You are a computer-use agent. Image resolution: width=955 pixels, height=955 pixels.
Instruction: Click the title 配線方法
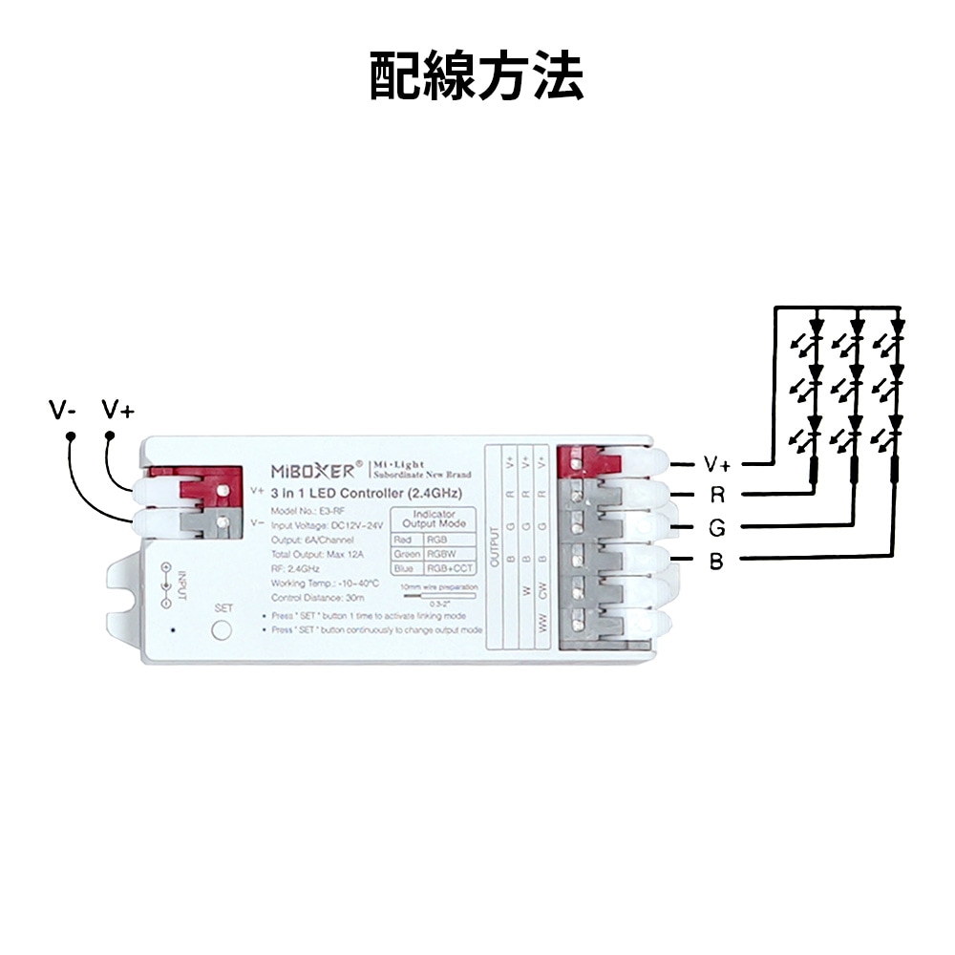(x=477, y=75)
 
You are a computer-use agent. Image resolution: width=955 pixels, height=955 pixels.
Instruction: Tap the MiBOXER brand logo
(x=316, y=470)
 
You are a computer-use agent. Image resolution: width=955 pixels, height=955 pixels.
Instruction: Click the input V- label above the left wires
(x=63, y=411)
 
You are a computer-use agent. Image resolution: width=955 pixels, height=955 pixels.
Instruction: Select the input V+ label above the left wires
(x=118, y=411)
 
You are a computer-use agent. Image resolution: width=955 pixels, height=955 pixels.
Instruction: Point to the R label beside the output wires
(x=716, y=495)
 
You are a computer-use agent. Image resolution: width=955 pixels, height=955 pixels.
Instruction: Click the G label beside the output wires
(x=716, y=527)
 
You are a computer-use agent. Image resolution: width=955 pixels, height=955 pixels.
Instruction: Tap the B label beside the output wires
(x=716, y=561)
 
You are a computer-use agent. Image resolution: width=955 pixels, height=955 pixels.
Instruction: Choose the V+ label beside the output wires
(x=717, y=464)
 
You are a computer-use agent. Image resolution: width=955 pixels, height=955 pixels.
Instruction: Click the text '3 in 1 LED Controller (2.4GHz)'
(x=368, y=495)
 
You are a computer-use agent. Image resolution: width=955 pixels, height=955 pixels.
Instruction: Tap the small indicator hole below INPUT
(x=172, y=630)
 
